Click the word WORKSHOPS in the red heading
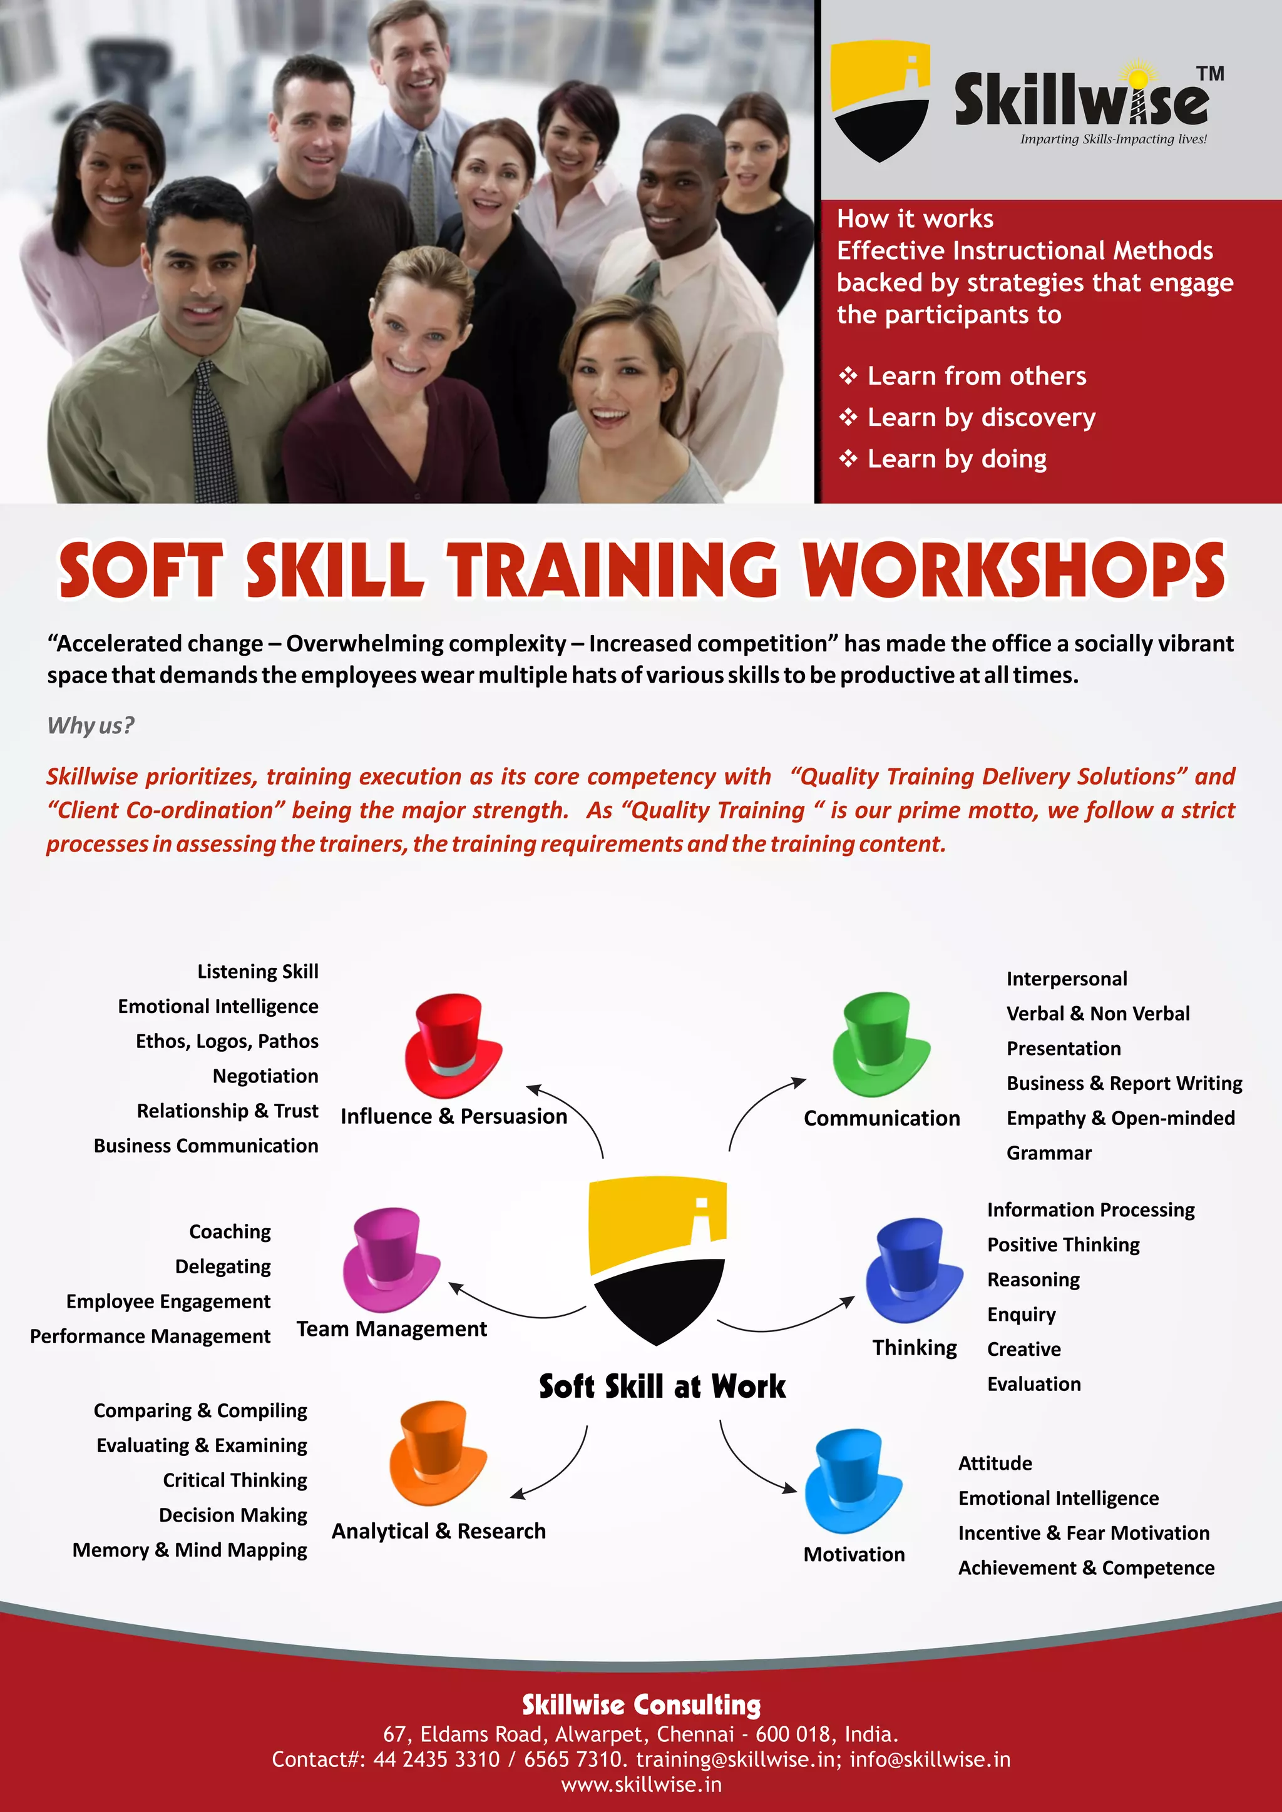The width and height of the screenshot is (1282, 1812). point(1013,570)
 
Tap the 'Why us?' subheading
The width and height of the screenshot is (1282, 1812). point(91,725)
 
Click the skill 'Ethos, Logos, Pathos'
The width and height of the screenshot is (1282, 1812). point(227,1041)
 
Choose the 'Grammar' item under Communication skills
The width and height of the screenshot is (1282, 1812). point(1049,1153)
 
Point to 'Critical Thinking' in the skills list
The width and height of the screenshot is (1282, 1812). point(235,1480)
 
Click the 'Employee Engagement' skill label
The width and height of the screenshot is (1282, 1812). point(168,1301)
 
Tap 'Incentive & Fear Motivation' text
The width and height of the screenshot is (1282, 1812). point(1083,1532)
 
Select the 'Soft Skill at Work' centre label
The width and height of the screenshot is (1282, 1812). point(662,1387)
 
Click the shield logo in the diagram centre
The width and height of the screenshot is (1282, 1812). point(657,1260)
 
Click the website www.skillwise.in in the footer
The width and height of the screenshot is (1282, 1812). point(641,1784)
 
